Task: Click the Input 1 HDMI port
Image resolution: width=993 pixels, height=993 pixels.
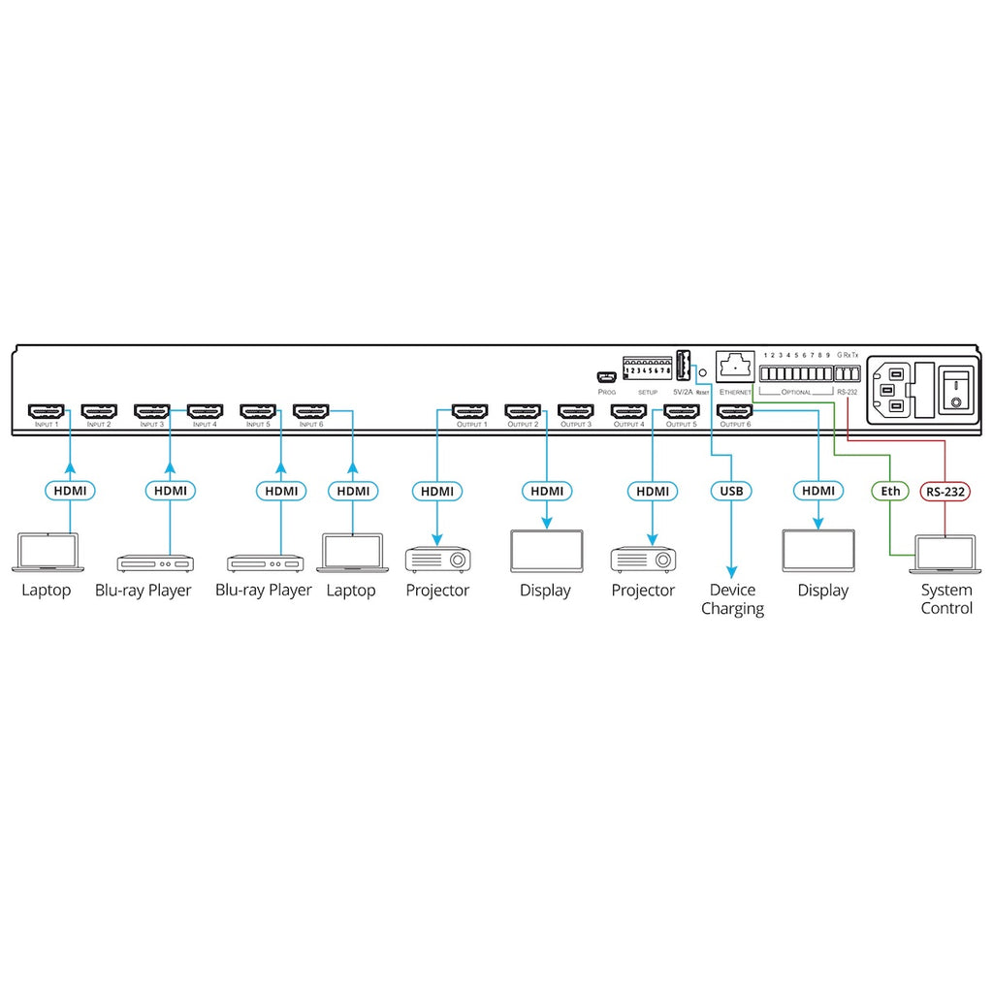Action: tap(46, 411)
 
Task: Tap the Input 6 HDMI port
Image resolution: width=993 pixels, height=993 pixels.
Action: tap(310, 411)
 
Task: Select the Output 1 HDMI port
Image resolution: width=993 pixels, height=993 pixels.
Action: tap(470, 411)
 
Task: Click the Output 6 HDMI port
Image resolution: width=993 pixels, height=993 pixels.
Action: tap(734, 411)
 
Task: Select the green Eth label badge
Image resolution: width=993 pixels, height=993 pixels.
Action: tap(890, 492)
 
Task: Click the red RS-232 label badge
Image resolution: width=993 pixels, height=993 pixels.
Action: tap(945, 492)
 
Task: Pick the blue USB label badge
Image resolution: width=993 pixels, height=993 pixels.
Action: tap(730, 492)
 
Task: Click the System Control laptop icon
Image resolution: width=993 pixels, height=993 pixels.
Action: tap(946, 550)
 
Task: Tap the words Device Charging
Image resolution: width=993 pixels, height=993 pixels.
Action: tap(732, 599)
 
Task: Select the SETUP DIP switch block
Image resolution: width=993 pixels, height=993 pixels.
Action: tap(647, 369)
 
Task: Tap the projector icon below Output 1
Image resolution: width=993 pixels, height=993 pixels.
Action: tap(436, 558)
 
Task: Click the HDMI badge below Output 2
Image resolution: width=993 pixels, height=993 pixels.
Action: tap(546, 492)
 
